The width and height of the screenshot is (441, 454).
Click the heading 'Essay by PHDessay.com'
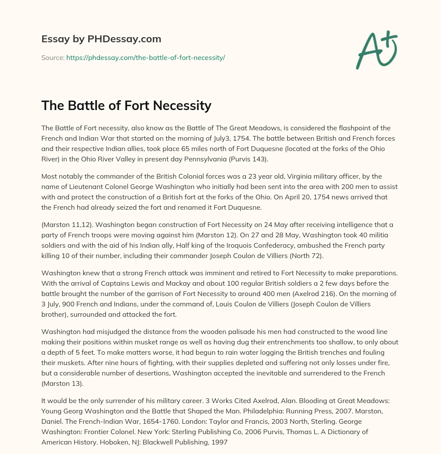(101, 39)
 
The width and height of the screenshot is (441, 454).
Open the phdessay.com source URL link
(146, 57)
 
